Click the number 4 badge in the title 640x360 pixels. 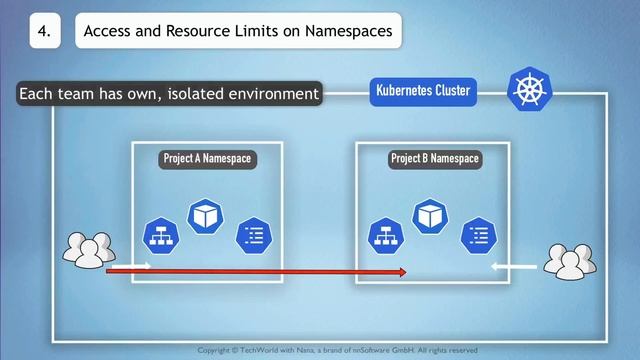tap(44, 31)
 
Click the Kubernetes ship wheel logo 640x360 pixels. tap(527, 89)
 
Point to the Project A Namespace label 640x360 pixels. tap(208, 159)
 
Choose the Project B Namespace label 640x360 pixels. tap(434, 159)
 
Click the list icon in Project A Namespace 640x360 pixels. tap(252, 235)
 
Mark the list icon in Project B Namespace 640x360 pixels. tap(477, 235)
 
